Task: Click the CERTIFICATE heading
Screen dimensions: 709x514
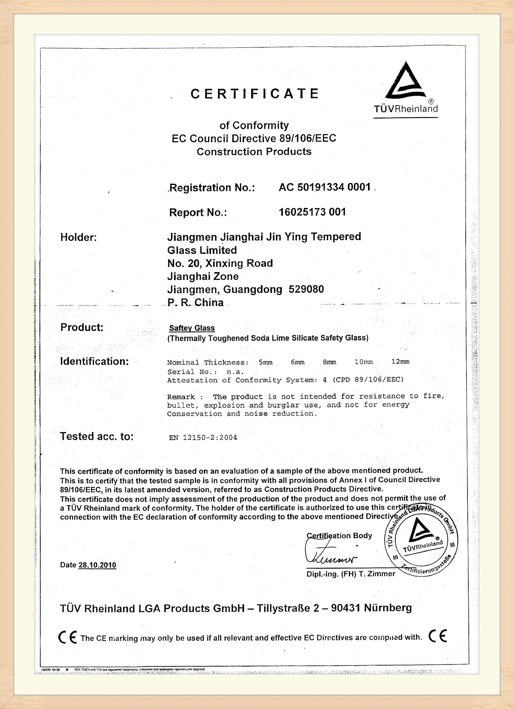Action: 255,93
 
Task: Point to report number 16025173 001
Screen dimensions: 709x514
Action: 312,212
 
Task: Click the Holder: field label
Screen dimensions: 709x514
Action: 78,237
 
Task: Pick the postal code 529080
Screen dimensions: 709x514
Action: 306,289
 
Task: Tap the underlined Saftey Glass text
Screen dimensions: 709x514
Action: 192,328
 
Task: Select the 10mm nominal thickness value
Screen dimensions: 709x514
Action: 363,362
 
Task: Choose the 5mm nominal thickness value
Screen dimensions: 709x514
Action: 265,362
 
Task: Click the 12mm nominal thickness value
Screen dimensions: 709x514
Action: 400,362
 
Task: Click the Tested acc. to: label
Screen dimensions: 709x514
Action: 97,436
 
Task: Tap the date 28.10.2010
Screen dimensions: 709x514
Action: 97,565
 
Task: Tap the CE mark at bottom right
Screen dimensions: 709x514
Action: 437,636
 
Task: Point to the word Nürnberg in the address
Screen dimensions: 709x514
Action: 388,608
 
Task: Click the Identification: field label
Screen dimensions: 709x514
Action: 94,361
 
